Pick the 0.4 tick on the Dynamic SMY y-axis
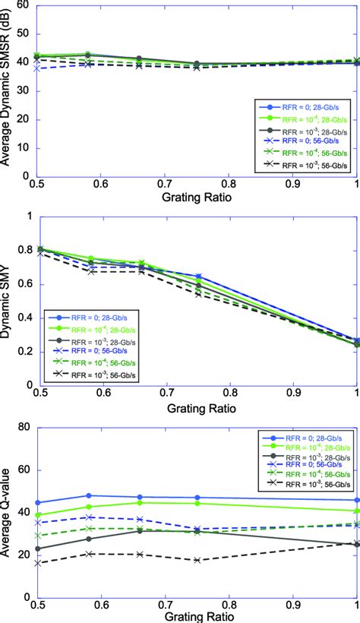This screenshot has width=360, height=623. tap(23, 318)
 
